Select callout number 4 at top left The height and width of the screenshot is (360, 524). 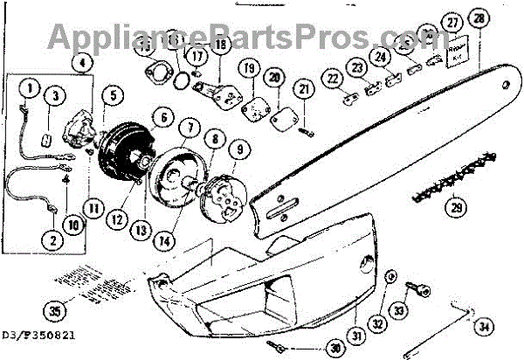pos(82,62)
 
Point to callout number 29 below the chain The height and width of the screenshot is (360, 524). pos(454,208)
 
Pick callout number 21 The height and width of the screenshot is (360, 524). pos(304,88)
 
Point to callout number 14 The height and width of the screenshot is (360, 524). pos(178,237)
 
